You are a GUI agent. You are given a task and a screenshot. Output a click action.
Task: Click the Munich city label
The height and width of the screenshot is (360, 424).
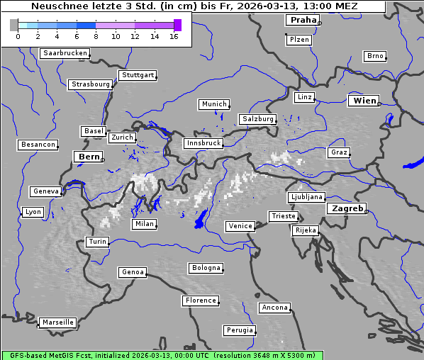[x=214, y=104]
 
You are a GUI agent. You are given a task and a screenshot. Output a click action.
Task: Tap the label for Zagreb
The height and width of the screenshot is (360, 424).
[x=347, y=208]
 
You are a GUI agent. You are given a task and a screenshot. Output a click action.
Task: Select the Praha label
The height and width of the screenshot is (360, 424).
[x=303, y=20]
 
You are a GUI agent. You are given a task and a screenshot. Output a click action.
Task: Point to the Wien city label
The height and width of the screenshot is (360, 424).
[x=364, y=101]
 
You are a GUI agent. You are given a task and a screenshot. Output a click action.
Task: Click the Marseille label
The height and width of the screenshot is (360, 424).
[x=58, y=322]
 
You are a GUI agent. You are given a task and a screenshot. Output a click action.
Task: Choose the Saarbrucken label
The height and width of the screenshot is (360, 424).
[x=65, y=53]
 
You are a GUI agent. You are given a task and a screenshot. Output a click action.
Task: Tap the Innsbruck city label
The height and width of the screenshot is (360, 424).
[x=203, y=143]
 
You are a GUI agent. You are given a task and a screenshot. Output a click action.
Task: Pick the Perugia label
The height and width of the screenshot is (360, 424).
[x=240, y=330]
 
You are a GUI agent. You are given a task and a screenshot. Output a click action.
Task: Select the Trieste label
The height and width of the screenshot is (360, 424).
[x=284, y=216]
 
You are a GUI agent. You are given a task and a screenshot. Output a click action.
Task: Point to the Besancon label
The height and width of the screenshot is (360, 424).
[x=38, y=145]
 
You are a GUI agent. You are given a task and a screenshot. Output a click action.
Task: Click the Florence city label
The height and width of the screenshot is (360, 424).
[x=201, y=300]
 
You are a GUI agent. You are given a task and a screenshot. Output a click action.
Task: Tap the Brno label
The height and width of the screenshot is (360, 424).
[x=374, y=56]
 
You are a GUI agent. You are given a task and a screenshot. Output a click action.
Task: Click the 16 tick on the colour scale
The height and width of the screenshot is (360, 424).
[x=174, y=36]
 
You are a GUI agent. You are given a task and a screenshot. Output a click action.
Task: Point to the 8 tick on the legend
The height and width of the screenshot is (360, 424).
[x=96, y=36]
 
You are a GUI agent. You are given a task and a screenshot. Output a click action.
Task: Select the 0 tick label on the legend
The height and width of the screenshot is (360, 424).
[x=18, y=36]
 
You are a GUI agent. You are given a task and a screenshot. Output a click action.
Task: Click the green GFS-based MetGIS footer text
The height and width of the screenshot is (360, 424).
[x=162, y=355]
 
